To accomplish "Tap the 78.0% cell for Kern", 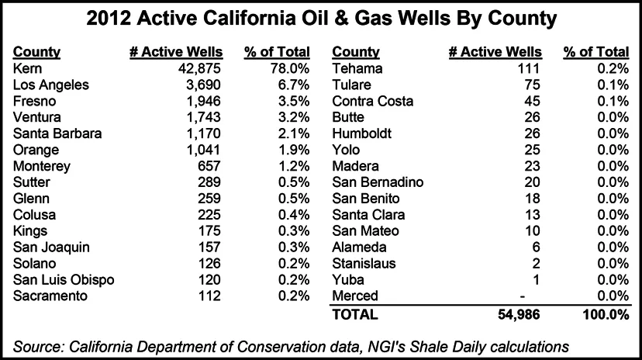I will point(289,68).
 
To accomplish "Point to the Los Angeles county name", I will point(52,85).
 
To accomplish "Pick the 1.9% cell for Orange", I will point(293,150).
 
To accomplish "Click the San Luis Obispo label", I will point(64,279).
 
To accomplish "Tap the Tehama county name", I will point(355,68).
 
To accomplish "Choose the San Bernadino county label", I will point(378,182).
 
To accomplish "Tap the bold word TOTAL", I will point(354,314).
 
